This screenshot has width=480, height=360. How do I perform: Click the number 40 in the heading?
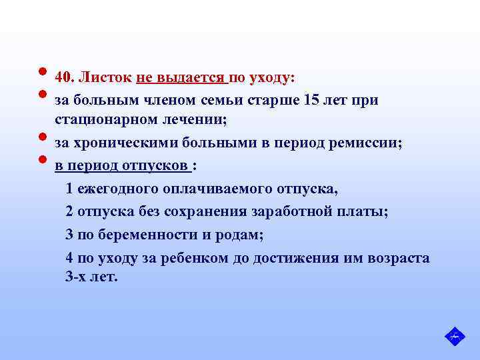coord(63,78)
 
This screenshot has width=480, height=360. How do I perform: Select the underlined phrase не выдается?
coord(181,78)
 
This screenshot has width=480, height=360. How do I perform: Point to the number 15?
coord(311,101)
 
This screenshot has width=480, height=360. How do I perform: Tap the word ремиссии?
coord(367,143)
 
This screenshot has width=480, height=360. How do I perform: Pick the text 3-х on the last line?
coord(75,277)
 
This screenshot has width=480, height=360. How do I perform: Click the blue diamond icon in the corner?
coord(455,337)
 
